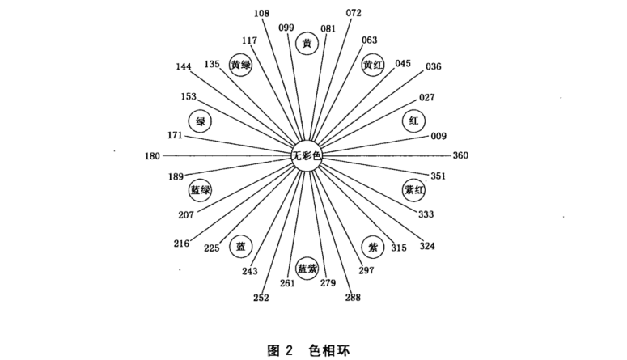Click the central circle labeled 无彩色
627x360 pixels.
tap(307, 155)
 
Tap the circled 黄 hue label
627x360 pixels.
tap(306, 44)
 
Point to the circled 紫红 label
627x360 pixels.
tap(413, 190)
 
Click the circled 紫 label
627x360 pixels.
tap(373, 246)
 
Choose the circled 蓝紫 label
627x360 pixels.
tap(307, 268)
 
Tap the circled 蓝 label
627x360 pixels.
tap(240, 246)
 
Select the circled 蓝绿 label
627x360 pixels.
tap(200, 190)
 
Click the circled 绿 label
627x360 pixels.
tap(200, 121)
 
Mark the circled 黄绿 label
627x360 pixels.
tap(240, 66)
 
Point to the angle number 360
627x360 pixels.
tap(460, 155)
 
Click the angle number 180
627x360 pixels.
tap(152, 155)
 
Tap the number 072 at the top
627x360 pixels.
tap(354, 13)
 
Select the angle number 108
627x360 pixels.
tap(261, 13)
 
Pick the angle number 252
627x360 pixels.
tap(261, 298)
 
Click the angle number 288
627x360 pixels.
tap(354, 298)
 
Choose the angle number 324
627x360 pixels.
tap(427, 246)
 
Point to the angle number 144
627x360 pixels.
tap(183, 66)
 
